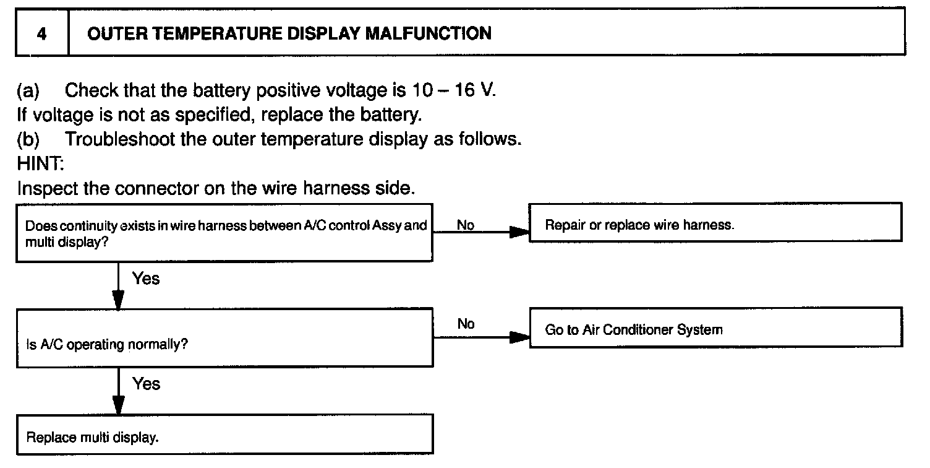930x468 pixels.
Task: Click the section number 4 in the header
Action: pyautogui.click(x=41, y=33)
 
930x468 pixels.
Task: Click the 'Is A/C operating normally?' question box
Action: pyautogui.click(x=223, y=337)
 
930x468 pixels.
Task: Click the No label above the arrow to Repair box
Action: pyautogui.click(x=465, y=225)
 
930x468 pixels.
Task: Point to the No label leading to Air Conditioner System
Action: pyautogui.click(x=466, y=324)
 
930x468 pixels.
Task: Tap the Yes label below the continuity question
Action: pyautogui.click(x=146, y=279)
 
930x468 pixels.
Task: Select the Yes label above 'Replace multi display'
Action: pyautogui.click(x=146, y=384)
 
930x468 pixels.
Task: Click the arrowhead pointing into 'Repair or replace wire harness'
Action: pyautogui.click(x=519, y=233)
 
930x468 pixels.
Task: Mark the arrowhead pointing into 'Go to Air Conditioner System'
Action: pyautogui.click(x=519, y=337)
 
